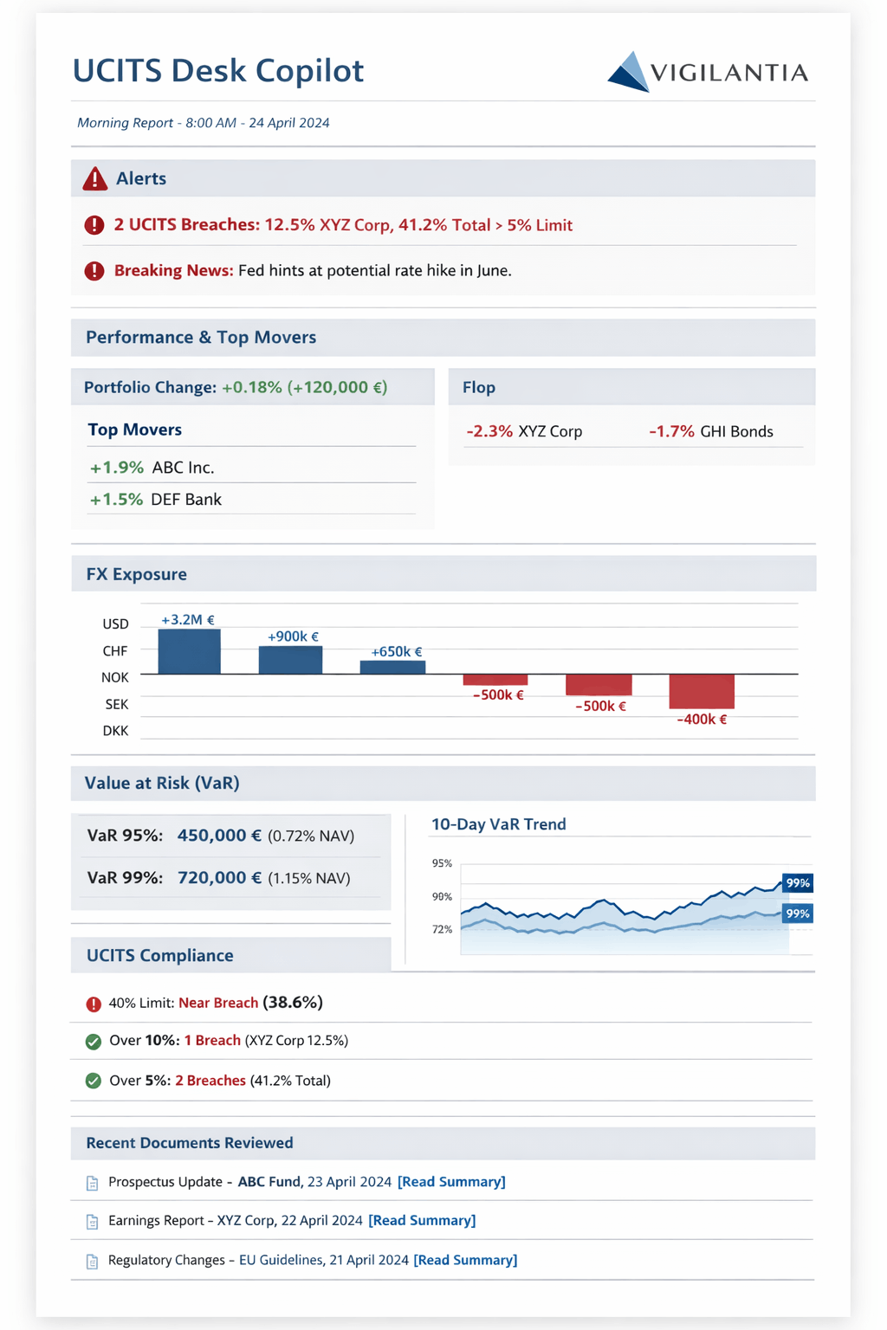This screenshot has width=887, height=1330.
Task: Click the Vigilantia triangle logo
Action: coord(630,73)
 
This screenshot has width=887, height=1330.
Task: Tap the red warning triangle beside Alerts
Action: coord(94,179)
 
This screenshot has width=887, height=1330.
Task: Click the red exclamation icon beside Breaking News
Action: coord(94,271)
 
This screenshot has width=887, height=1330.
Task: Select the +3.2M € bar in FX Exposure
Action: coord(189,651)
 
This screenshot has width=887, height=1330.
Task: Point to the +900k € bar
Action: coord(290,660)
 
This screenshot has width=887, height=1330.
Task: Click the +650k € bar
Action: coord(392,667)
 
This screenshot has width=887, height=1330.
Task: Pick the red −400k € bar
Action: coord(702,691)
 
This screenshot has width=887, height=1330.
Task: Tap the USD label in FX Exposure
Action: coord(115,623)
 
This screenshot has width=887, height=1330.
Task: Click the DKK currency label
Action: coord(115,731)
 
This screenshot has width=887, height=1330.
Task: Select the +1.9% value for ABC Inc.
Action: coord(116,468)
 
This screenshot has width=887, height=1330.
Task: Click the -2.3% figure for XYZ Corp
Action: coord(489,431)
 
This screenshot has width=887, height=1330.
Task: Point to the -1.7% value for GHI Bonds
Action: coord(671,431)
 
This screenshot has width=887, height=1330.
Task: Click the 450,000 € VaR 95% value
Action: coord(219,836)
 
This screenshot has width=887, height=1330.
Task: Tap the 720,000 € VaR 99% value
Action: coord(219,878)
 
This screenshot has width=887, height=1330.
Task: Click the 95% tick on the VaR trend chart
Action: coord(442,863)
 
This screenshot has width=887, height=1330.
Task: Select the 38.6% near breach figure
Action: coord(293,1002)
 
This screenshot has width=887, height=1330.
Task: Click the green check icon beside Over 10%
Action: coord(94,1042)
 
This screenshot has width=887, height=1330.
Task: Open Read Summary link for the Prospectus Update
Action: coord(451,1182)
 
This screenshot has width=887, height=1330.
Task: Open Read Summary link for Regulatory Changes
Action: coord(465,1260)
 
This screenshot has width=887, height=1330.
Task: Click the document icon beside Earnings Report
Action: coord(93,1222)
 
